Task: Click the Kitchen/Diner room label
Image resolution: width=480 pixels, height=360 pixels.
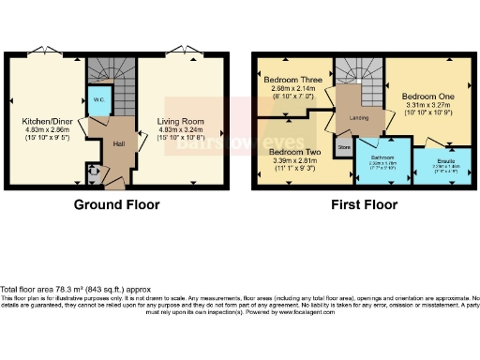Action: (45, 122)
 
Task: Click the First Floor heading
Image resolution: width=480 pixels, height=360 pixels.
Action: (358, 204)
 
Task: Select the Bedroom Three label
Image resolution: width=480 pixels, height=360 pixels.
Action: (292, 80)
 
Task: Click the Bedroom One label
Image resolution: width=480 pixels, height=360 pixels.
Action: (427, 97)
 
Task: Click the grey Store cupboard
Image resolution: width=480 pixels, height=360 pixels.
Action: (343, 147)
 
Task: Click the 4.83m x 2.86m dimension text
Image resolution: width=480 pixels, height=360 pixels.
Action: (45, 132)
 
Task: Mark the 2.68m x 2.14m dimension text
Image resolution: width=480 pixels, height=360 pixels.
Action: (292, 90)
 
